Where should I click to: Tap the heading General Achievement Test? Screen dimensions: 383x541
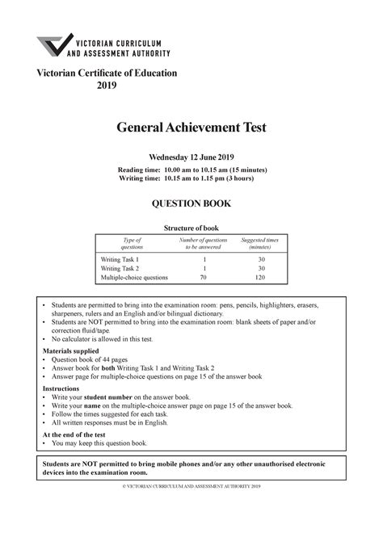[x=191, y=127]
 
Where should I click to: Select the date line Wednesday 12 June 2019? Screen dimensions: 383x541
[x=191, y=156]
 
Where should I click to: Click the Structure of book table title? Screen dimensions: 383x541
[x=191, y=229]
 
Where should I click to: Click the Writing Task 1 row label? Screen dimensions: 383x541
[x=120, y=258]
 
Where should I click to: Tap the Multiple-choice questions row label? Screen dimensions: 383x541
[x=134, y=278]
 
